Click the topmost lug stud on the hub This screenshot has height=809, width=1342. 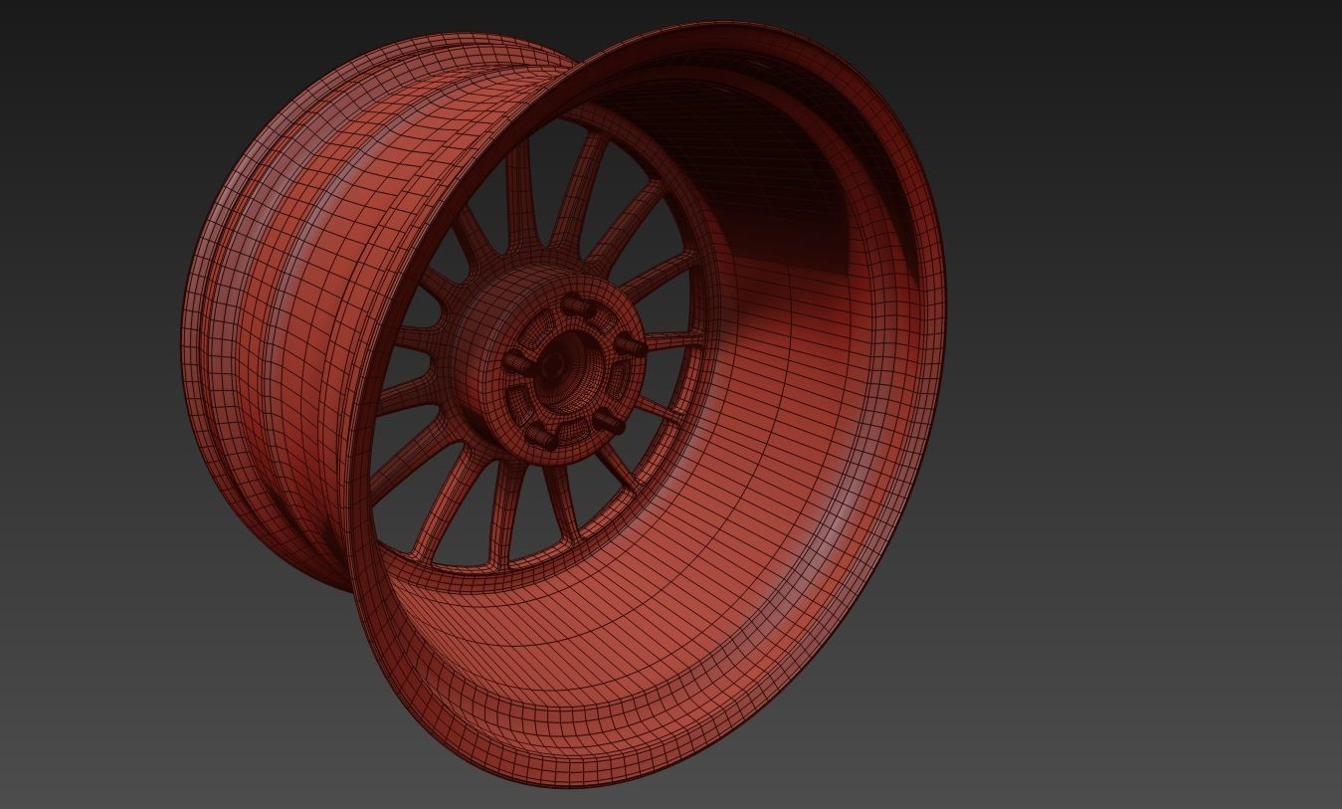(x=574, y=303)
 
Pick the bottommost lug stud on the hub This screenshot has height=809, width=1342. (x=539, y=434)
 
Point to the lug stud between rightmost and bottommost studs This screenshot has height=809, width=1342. (x=609, y=423)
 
